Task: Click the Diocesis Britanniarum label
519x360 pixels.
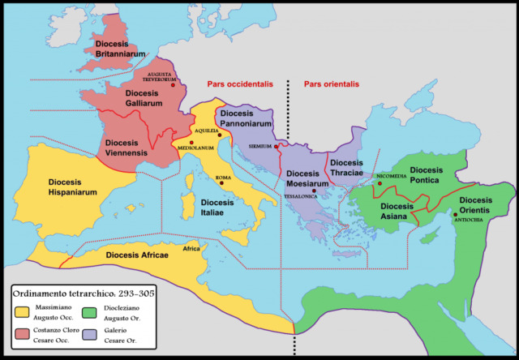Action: (x=120, y=48)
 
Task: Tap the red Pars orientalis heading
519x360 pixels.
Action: (x=332, y=84)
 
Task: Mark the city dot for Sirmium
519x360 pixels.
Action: (x=277, y=147)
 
